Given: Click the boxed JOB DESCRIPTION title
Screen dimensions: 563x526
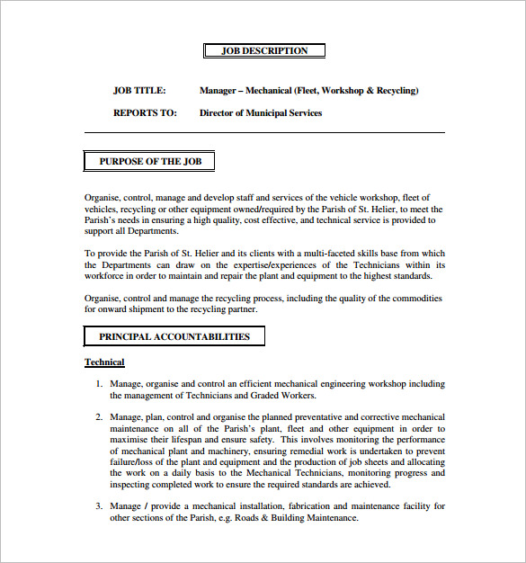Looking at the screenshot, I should coord(264,50).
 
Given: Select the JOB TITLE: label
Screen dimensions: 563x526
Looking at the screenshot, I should coord(139,91).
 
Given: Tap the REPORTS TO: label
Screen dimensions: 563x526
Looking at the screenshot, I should coord(143,113).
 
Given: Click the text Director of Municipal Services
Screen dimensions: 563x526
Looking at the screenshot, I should coord(260,113).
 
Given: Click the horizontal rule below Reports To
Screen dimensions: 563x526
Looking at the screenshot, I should coord(264,133).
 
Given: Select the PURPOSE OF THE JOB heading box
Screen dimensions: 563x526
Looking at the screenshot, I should coord(149,162).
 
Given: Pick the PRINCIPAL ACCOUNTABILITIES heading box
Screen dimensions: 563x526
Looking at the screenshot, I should coord(174,337).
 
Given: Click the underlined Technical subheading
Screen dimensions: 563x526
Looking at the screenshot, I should coord(104,362).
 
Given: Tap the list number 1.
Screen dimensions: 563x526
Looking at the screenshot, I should coord(100,384).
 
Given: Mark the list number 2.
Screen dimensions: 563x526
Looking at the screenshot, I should coord(100,417).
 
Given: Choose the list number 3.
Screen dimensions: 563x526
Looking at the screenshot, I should coord(100,506).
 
